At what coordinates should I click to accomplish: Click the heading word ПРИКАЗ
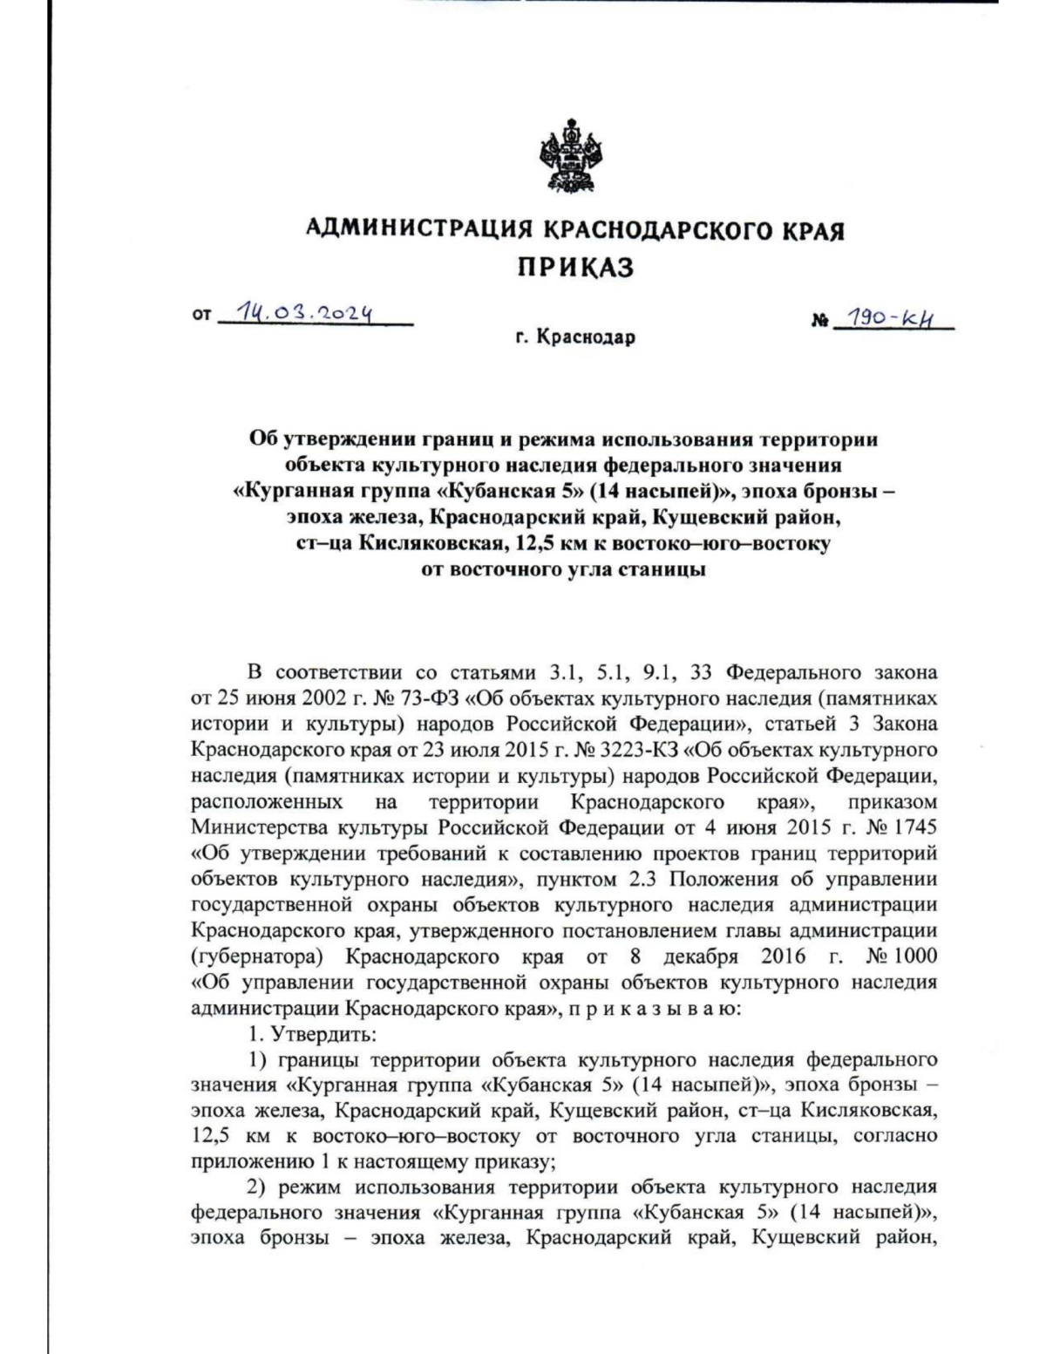(x=576, y=267)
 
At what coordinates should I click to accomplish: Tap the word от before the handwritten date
(x=201, y=318)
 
